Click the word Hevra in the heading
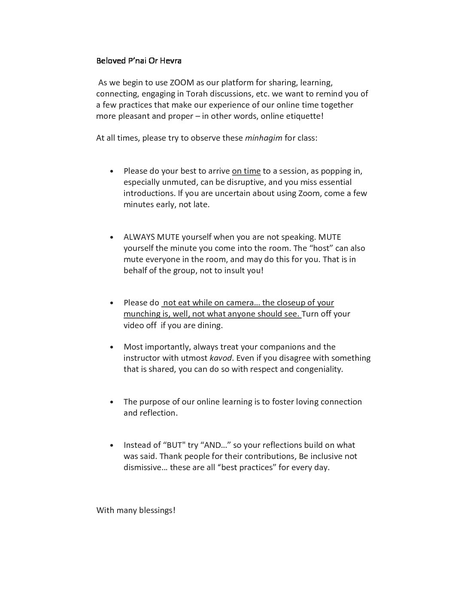[x=171, y=60]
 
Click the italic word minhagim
[x=264, y=138]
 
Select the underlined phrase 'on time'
[x=246, y=171]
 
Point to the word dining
[x=209, y=325]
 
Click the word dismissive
[x=143, y=468]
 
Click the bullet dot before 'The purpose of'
[x=112, y=402]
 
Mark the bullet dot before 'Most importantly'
[x=112, y=347]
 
